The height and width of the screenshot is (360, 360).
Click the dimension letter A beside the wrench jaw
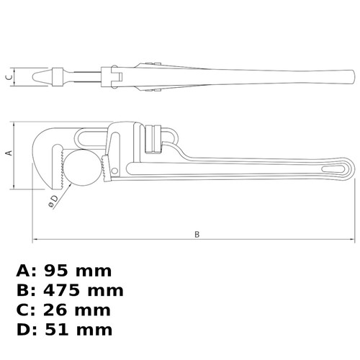[9, 153]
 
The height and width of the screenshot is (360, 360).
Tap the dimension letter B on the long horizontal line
[197, 234]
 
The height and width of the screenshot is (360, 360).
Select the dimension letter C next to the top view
[9, 77]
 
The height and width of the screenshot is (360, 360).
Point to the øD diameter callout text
[53, 201]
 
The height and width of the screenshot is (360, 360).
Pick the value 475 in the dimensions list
[61, 290]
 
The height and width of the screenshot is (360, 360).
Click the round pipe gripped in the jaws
[82, 168]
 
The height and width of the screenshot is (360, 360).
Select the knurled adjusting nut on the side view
[153, 139]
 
